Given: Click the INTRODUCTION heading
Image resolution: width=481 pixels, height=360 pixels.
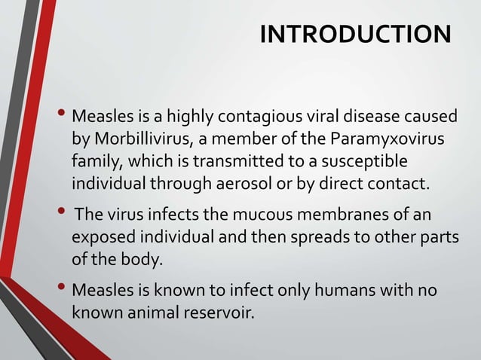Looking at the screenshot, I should [x=354, y=35].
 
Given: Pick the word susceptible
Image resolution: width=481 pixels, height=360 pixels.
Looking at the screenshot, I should [x=367, y=162].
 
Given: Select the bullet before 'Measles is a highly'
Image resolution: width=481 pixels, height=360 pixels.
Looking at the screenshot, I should [x=62, y=117].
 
